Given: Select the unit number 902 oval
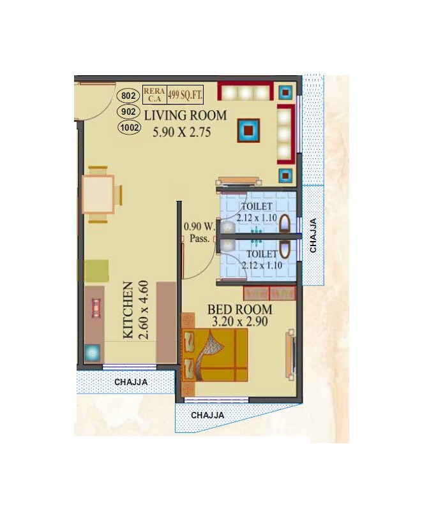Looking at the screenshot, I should tap(128, 112).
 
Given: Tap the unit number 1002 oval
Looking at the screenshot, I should tap(129, 127).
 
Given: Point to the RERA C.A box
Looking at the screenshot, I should tap(154, 95).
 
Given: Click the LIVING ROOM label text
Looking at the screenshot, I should tap(185, 115).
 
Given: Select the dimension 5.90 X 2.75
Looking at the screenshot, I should tap(181, 133).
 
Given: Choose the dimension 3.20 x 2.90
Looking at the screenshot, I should tap(237, 321).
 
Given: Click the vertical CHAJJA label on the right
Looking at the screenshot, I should tap(313, 237).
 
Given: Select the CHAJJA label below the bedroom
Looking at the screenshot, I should tap(207, 414).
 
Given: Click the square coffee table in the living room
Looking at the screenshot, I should tap(248, 131).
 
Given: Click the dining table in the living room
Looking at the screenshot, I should tap(98, 194).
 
